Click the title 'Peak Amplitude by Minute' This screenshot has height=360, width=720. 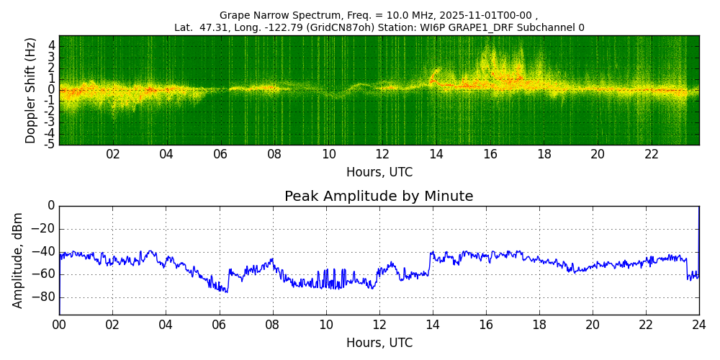pyautogui.click(x=379, y=197)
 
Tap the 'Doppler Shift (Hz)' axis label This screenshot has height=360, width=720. pyautogui.click(x=30, y=90)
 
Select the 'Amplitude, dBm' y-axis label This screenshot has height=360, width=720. pyautogui.click(x=18, y=260)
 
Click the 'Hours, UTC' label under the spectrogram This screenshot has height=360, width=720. pyautogui.click(x=379, y=173)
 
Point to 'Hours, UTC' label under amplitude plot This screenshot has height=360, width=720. pyautogui.click(x=379, y=343)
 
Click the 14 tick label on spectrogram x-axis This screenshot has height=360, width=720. pyautogui.click(x=436, y=154)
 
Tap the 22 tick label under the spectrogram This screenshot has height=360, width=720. pyautogui.click(x=652, y=154)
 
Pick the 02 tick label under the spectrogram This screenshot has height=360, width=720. pyautogui.click(x=113, y=154)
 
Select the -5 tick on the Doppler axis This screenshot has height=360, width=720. pyautogui.click(x=50, y=145)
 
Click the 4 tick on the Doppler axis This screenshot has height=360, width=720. pyautogui.click(x=52, y=45)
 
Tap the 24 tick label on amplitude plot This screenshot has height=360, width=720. pyautogui.click(x=698, y=325)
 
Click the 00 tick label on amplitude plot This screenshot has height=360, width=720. pyautogui.click(x=59, y=325)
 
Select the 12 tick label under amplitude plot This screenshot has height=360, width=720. pyautogui.click(x=379, y=325)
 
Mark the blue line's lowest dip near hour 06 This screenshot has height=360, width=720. pyautogui.click(x=227, y=292)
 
